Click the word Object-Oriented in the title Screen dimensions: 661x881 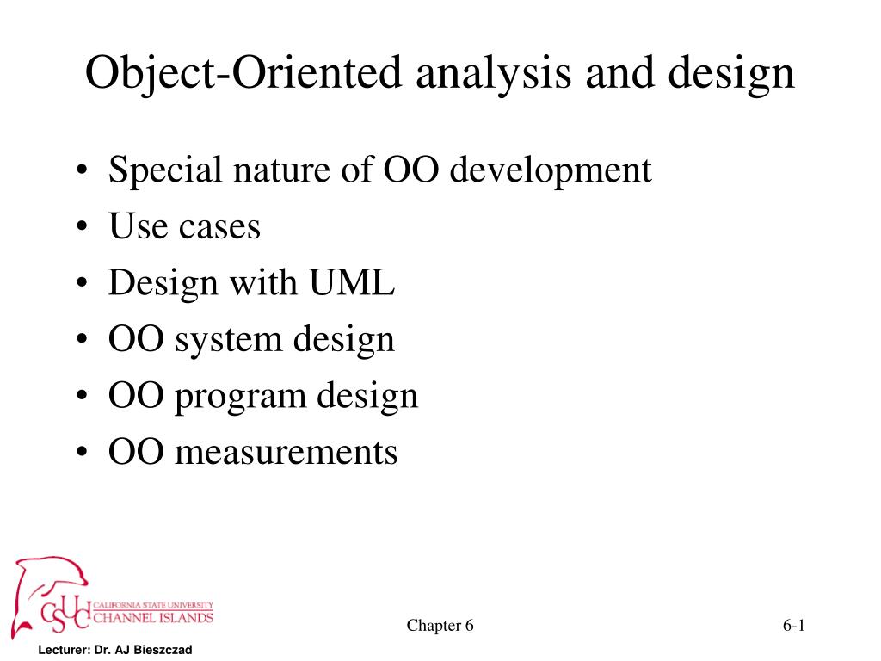tap(243, 74)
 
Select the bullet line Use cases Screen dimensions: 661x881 tap(184, 227)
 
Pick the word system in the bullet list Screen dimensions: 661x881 tap(227, 341)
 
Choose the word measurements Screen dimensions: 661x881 tap(286, 452)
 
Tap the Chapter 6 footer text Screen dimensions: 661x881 tap(440, 626)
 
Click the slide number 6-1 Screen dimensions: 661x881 tap(793, 626)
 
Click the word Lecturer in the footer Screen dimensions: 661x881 tap(62, 651)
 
